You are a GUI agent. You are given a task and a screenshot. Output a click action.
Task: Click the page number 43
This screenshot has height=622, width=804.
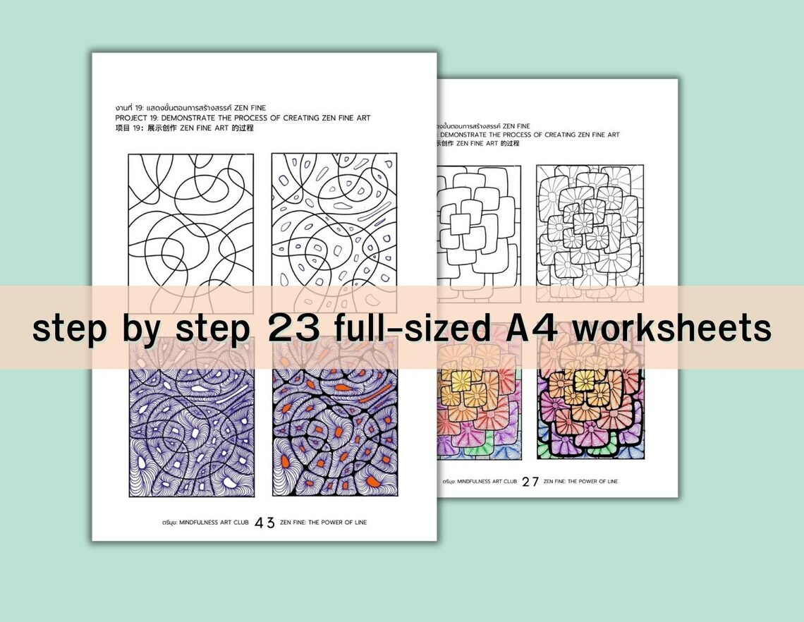tap(264, 523)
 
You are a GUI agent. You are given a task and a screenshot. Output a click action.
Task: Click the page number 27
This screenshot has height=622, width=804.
tap(530, 482)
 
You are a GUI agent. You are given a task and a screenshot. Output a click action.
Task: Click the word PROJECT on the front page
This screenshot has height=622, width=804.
tap(130, 118)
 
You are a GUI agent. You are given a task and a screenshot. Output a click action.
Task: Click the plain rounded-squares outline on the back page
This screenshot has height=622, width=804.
tap(480, 226)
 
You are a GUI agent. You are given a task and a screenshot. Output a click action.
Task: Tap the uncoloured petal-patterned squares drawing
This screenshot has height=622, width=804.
tap(589, 226)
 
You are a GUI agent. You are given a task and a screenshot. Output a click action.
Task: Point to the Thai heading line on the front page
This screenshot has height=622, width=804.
tap(190, 107)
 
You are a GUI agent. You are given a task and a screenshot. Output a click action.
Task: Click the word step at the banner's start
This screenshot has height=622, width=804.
tap(68, 329)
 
